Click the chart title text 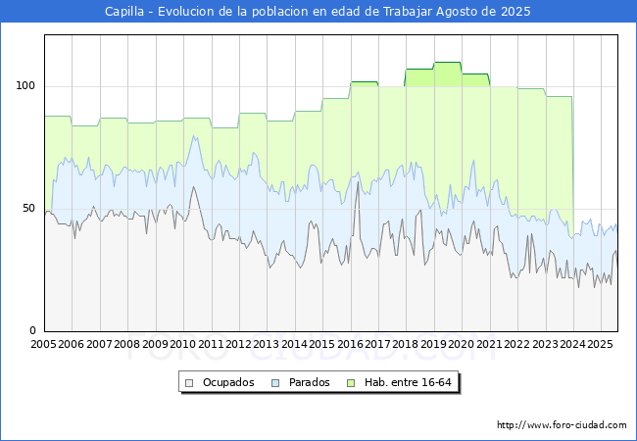[318, 12]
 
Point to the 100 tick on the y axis [27, 86]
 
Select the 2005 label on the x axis [44, 345]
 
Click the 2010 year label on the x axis [183, 345]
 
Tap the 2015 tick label [322, 345]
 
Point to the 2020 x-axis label [462, 345]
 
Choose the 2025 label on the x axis [601, 345]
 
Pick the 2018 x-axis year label [406, 345]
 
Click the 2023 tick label [545, 345]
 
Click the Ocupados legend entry [228, 382]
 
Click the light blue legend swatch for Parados [276, 382]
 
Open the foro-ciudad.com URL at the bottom [562, 425]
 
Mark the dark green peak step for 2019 [447, 63]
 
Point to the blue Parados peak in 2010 [195, 136]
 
